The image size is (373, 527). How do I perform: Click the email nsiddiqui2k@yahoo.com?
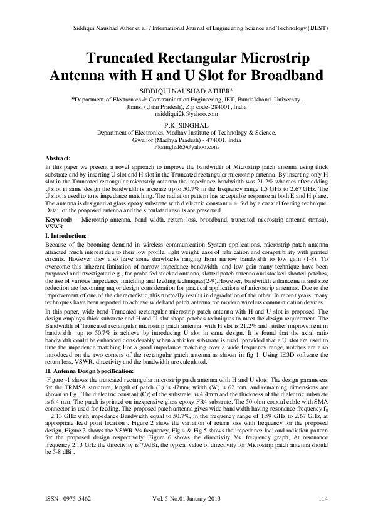tap(186, 113)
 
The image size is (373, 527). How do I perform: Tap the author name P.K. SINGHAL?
tap(186, 125)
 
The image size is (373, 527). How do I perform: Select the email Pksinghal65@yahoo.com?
tap(186, 146)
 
